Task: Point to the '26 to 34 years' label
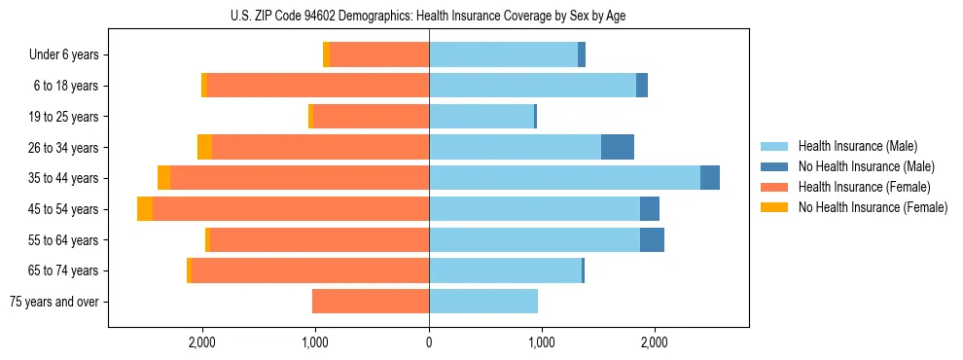62,148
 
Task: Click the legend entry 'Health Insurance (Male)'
857,146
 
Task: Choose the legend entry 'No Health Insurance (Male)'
866,166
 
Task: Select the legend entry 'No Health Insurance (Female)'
873,207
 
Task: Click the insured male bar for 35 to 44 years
564,178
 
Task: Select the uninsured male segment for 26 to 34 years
618,147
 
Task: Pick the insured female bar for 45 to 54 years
291,209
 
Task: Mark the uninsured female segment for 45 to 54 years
145,209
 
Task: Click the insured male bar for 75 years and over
483,302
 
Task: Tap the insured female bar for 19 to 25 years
371,117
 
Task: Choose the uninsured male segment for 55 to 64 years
652,240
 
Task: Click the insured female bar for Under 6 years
379,55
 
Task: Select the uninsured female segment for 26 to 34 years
204,147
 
